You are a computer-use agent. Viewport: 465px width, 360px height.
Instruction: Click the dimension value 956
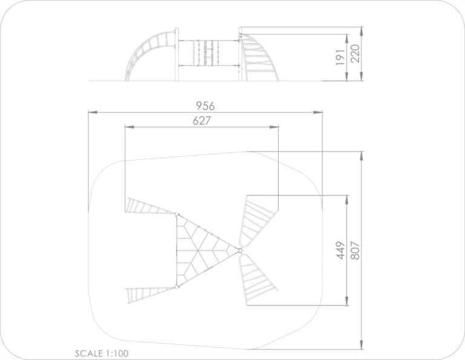[x=205, y=105]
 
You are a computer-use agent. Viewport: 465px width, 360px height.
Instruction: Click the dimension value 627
[x=202, y=121]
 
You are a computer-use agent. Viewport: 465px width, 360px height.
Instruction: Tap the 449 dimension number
[x=341, y=250]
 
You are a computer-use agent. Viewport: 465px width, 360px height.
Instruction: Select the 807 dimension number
[x=355, y=251]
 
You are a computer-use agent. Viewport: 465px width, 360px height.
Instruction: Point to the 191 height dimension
[x=340, y=58]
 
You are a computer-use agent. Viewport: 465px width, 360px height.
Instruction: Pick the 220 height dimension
[x=355, y=53]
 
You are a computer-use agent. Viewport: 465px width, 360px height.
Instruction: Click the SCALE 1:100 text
[x=102, y=353]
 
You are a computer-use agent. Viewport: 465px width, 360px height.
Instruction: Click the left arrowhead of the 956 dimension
[x=93, y=112]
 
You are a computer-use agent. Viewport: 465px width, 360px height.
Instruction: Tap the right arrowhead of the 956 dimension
[x=318, y=112]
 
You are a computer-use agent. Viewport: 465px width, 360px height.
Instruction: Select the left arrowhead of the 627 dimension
[x=130, y=127]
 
